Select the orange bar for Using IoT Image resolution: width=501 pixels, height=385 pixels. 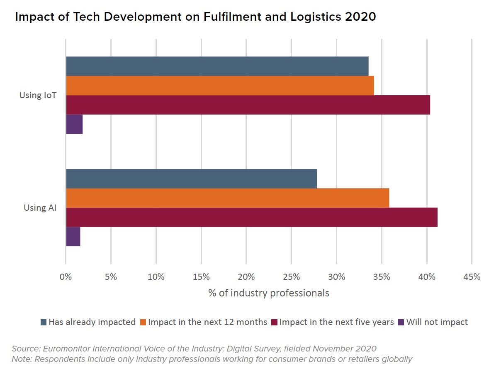(x=220, y=86)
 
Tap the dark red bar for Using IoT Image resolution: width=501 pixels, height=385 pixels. (x=248, y=105)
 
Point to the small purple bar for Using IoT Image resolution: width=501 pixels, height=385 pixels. (x=74, y=124)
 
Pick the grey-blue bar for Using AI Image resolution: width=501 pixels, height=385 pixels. (x=191, y=179)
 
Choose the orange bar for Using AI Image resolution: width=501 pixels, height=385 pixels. (x=227, y=198)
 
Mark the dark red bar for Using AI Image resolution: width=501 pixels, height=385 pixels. (x=251, y=217)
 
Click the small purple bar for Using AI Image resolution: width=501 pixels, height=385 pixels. (x=73, y=236)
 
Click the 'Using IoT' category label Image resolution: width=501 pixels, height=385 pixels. (x=38, y=95)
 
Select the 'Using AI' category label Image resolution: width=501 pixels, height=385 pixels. (x=40, y=207)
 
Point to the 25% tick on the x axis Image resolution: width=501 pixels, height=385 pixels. (x=291, y=277)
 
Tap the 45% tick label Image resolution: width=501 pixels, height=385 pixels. (x=472, y=277)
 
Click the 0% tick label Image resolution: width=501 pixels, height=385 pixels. (x=66, y=277)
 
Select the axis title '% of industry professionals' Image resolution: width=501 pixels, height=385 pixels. (x=268, y=293)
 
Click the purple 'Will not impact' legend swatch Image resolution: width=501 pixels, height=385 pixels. (x=401, y=322)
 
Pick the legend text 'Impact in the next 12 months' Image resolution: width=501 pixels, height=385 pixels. (x=207, y=322)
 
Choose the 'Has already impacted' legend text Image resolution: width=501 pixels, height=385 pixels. (x=92, y=322)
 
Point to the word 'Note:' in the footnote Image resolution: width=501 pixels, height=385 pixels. (x=22, y=359)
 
